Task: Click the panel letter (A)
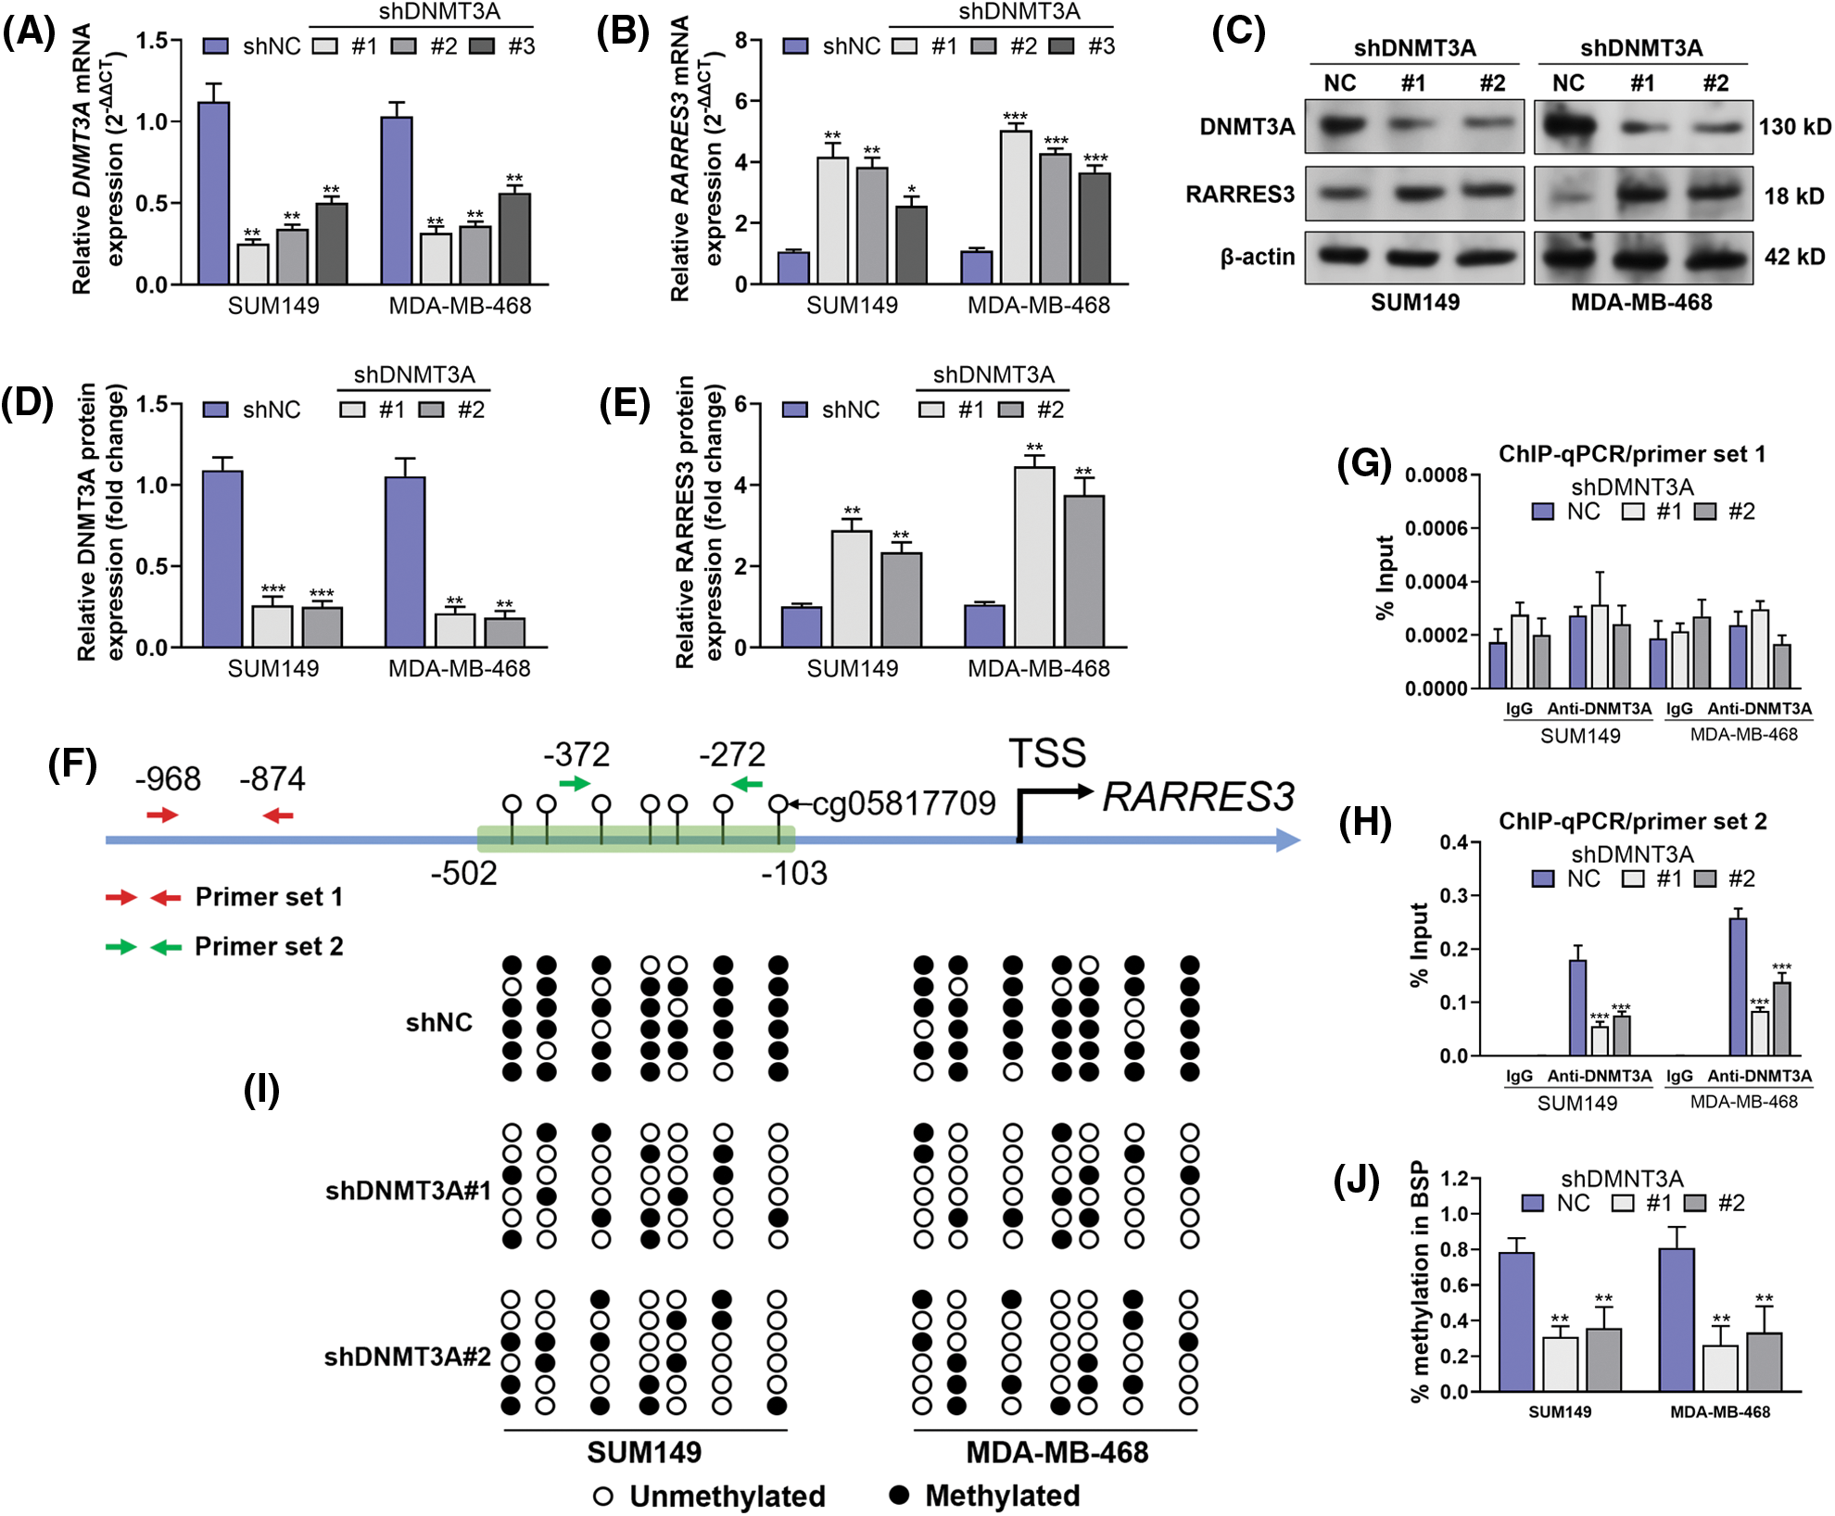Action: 28,32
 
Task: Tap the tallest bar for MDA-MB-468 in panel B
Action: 1016,208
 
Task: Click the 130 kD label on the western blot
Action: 1795,127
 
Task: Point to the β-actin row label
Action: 1257,257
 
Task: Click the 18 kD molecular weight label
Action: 1793,196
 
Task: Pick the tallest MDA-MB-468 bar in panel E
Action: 1034,557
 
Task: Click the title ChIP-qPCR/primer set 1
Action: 1632,454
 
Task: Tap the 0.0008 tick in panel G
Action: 1436,475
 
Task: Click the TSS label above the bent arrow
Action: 1047,753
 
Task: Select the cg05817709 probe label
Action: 904,803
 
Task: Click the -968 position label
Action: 168,779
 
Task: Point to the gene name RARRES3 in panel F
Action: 1198,797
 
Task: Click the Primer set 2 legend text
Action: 269,946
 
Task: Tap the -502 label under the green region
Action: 463,873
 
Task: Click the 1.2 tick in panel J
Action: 1455,1179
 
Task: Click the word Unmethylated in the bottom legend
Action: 728,1496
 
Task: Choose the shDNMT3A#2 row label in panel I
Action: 407,1357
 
